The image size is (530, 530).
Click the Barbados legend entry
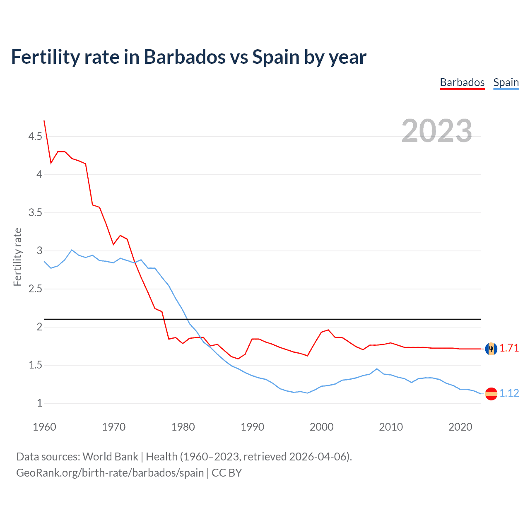click(462, 82)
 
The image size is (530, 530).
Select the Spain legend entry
click(506, 82)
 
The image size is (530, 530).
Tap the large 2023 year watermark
click(436, 131)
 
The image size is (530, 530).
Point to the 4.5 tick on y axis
click(35, 136)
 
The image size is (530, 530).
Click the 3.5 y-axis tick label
click(35, 213)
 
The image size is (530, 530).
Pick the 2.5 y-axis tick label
click(35, 289)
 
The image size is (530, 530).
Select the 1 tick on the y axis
click(39, 403)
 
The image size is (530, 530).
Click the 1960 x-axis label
click(44, 427)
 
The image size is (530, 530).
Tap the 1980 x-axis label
click(183, 427)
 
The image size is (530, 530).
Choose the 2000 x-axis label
click(322, 427)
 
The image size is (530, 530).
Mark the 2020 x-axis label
click(460, 427)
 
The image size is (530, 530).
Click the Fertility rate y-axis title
click(17, 257)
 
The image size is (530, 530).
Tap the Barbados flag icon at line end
click(491, 349)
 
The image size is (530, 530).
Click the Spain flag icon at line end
click(491, 393)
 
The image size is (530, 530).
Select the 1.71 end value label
click(509, 348)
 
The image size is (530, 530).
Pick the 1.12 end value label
click(509, 393)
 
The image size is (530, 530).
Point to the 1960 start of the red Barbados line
click(44, 121)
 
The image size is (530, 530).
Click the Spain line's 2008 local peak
click(377, 369)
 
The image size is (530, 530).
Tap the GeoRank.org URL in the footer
click(110, 473)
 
